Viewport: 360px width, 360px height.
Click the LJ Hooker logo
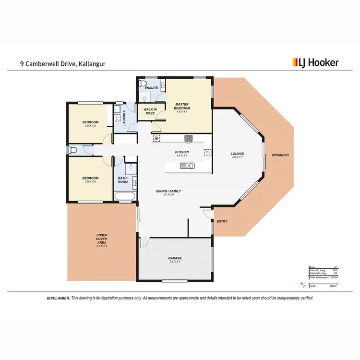coord(315,62)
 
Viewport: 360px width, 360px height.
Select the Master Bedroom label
coord(182,106)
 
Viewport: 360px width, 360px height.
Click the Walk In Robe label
coord(150,111)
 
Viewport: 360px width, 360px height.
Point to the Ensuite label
coord(151,88)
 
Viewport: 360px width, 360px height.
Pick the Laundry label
coord(124,118)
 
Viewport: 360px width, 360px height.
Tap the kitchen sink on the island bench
coord(187,166)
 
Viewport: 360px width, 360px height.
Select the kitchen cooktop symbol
coord(189,139)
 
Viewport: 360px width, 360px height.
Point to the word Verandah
coord(280,155)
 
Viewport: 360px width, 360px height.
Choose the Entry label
coord(222,221)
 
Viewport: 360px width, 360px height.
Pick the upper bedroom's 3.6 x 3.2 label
coord(91,126)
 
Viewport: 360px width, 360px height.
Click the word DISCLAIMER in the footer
coord(59,298)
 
